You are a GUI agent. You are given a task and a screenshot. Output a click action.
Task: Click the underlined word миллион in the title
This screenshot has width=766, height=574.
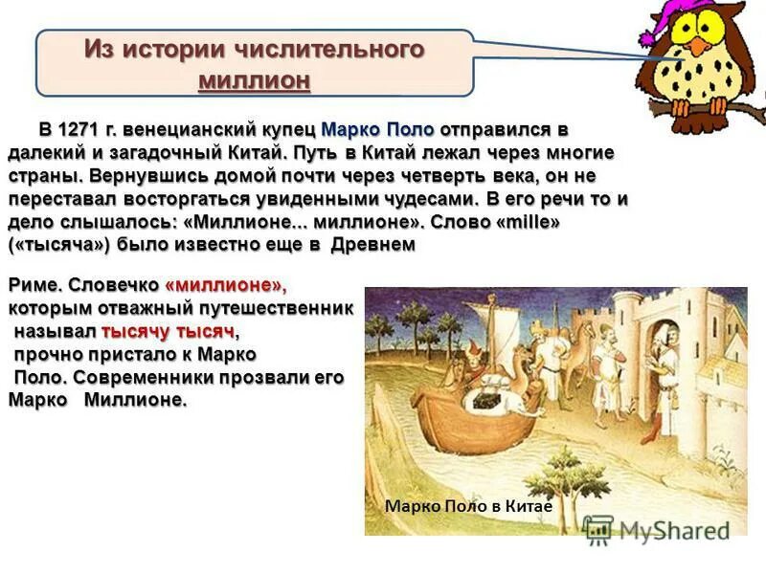click(x=254, y=80)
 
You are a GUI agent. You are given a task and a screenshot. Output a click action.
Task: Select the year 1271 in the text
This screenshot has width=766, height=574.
click(x=79, y=130)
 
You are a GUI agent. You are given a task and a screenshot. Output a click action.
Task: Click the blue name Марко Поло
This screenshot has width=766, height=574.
click(x=377, y=130)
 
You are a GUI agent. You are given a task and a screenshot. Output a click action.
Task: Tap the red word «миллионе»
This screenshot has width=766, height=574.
click(x=225, y=286)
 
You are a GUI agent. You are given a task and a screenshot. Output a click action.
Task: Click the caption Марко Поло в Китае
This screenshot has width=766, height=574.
click(x=468, y=507)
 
